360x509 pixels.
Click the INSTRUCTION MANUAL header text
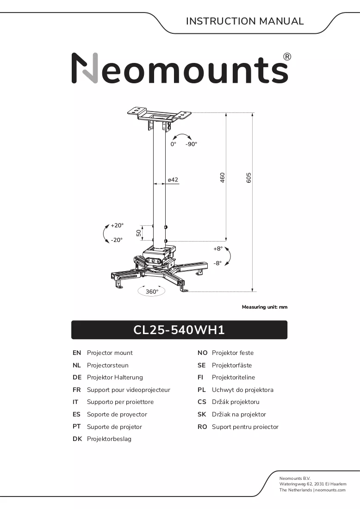245,21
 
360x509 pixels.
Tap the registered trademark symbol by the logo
287,57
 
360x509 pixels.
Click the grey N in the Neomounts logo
85,68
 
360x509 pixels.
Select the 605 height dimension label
248,178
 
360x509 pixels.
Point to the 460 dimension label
223,178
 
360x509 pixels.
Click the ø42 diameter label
173,180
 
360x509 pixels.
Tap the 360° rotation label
152,292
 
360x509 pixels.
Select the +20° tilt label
117,225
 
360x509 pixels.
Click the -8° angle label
217,263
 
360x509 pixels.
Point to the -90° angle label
192,144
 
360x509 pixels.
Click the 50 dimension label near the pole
139,233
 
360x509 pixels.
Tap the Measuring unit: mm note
265,307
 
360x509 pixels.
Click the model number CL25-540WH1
179,330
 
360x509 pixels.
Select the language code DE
77,377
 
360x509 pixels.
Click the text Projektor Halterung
115,377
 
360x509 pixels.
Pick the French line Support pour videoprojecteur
129,390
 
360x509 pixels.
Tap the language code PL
202,390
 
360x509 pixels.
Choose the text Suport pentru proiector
245,427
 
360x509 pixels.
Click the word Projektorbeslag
109,439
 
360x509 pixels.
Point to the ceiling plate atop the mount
159,114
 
